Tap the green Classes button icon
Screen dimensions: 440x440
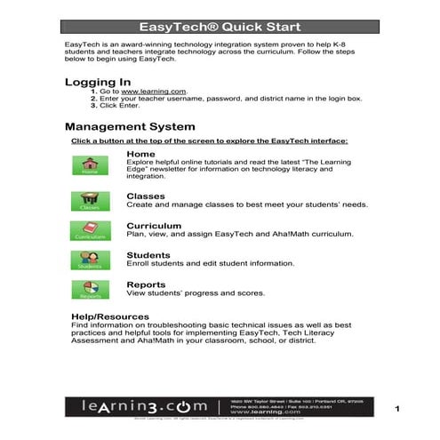(90, 200)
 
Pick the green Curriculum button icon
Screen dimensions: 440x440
(90, 231)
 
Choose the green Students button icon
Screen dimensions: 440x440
(90, 260)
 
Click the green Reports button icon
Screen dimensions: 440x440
(90, 290)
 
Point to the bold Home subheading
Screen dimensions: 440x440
(140, 154)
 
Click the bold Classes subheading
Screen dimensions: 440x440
(146, 196)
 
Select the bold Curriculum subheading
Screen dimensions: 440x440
(155, 226)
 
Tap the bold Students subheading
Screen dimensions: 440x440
(148, 255)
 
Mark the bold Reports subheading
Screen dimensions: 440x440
(146, 284)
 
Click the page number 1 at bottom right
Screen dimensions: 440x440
(399, 408)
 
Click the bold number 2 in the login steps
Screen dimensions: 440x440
(92, 99)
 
